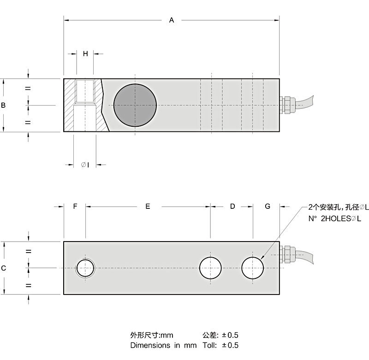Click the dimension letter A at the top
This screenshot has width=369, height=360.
[172, 20]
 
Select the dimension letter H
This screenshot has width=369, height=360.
[85, 53]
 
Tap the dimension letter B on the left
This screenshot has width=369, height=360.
[3, 105]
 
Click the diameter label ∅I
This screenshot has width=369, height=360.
[85, 165]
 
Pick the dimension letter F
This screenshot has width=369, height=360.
[75, 207]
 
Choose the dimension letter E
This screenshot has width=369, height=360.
[148, 207]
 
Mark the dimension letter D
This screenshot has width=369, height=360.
[232, 207]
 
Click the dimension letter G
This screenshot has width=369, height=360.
[268, 207]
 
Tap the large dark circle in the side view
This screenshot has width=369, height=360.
[135, 105]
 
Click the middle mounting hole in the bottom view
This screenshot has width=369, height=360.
[210, 268]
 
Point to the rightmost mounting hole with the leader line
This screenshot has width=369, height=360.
[253, 268]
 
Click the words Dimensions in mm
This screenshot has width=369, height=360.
[163, 345]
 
